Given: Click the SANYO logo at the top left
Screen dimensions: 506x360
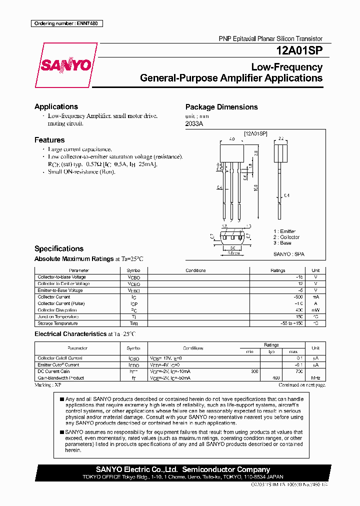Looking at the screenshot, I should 65,65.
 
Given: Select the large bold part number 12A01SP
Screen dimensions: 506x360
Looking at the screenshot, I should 299,50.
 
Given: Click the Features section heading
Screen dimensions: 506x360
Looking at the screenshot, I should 49,140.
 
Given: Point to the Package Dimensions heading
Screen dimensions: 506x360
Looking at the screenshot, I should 221,107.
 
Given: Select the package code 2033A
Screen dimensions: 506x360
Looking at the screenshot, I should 194,124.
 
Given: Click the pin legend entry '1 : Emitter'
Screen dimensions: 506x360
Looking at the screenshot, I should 284,231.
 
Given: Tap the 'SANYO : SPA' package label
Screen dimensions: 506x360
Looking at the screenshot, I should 288,254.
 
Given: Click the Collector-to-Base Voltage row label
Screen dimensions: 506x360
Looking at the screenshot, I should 61,277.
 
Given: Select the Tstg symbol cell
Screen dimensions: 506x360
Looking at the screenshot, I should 133,323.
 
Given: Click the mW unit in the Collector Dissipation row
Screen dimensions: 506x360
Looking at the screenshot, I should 315,310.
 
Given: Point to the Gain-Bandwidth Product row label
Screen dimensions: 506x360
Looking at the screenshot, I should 60,378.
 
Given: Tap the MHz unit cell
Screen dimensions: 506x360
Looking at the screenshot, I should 315,378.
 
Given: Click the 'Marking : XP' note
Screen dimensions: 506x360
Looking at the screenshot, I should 48,385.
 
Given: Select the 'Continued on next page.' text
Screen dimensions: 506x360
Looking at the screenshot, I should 302,385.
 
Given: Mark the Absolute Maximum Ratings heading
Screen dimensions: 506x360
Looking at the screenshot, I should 74,258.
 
